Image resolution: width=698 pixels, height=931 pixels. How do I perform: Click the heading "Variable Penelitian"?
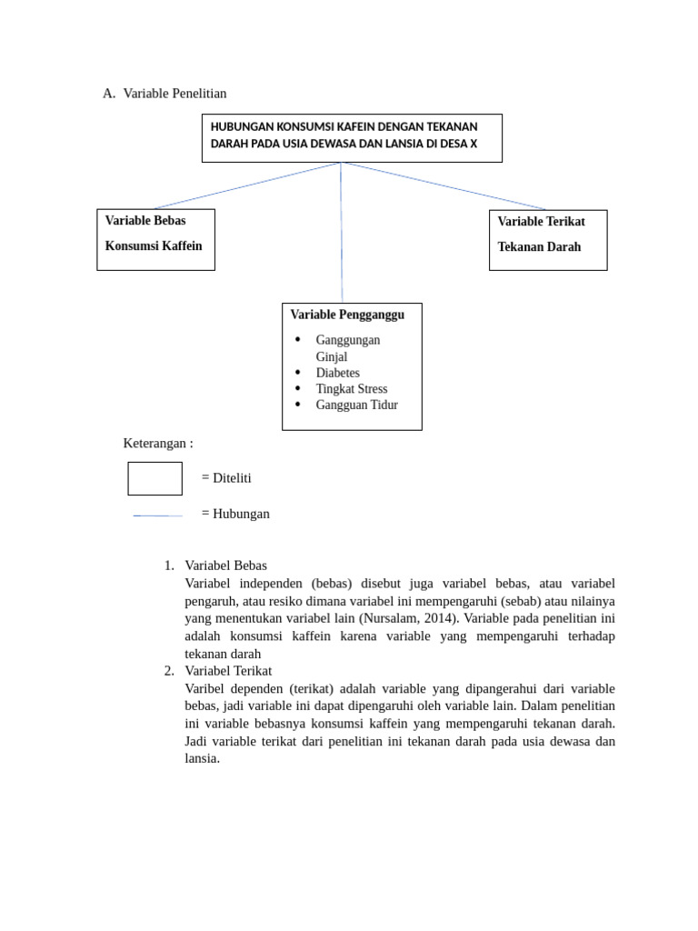174,93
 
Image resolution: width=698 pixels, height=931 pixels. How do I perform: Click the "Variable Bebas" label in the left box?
145,221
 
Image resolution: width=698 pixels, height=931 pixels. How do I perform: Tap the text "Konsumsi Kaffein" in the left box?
154,246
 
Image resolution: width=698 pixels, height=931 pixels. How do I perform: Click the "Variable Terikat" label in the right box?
541,222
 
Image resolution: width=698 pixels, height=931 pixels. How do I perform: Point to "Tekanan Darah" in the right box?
539,247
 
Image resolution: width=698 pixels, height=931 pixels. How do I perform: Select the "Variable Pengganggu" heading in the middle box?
347,315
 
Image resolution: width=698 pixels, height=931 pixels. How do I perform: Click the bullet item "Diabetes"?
337,373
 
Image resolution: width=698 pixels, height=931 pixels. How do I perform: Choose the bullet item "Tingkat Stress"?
351,389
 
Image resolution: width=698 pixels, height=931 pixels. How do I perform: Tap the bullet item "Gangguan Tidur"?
356,405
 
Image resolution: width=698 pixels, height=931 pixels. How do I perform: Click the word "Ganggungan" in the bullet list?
348,340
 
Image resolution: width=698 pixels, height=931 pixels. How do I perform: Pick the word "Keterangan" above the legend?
155,444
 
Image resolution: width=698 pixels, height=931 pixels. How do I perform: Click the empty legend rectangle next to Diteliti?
155,478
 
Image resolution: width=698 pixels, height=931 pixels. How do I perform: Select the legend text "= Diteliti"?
226,478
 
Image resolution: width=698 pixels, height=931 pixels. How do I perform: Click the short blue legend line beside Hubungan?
157,516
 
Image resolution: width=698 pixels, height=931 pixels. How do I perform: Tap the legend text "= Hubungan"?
235,514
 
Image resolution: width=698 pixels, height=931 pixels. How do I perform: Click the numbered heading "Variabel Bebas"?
225,566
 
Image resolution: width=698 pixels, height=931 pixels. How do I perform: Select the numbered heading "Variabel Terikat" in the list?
227,671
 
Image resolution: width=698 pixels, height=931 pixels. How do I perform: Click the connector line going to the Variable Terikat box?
445,186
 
